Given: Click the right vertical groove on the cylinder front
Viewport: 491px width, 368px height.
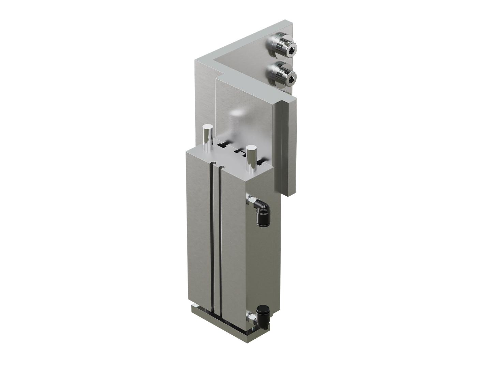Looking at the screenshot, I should tap(220, 239).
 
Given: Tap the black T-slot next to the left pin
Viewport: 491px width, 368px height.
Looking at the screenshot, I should tap(222, 145).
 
